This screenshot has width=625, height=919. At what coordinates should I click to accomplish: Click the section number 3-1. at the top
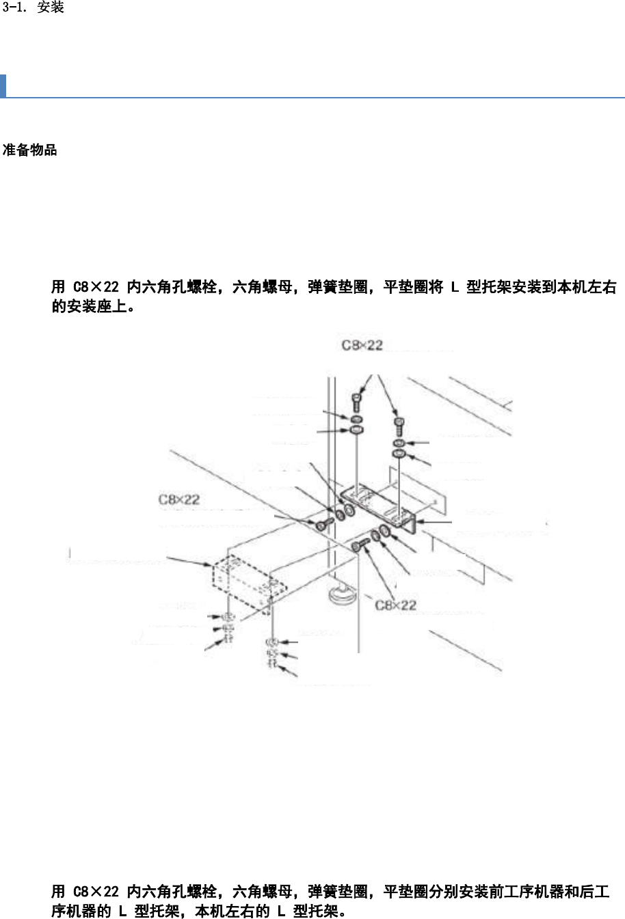15,8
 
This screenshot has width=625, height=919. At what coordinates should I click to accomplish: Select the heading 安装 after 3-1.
51,8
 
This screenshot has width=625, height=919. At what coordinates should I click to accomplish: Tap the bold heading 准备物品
30,150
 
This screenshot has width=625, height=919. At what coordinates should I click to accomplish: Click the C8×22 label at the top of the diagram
362,346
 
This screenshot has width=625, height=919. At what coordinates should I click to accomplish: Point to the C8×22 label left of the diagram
179,499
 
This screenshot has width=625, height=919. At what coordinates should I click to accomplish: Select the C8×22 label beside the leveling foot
395,605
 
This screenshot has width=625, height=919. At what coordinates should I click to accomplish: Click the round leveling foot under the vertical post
343,595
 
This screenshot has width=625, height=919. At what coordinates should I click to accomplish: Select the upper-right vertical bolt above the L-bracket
400,426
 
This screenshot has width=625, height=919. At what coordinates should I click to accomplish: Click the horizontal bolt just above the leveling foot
360,545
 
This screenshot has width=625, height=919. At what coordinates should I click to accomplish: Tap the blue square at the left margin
3,86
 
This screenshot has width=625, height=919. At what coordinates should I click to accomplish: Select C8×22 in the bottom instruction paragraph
96,892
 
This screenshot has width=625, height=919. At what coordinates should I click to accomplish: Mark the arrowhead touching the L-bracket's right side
418,522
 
